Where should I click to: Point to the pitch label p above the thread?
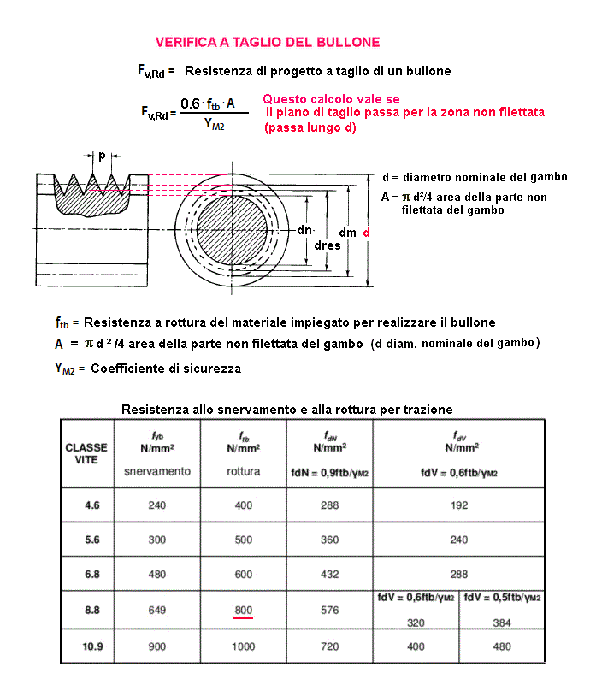tap(102, 156)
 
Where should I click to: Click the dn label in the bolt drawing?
tap(305, 231)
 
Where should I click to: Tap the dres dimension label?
tap(327, 245)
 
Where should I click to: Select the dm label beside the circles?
tap(348, 233)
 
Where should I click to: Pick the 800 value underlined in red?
tap(244, 610)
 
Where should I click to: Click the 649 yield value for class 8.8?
tap(157, 610)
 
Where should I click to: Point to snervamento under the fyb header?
tap(157, 471)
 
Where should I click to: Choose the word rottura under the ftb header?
tap(244, 471)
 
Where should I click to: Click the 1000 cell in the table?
tap(244, 646)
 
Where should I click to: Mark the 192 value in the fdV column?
tap(459, 505)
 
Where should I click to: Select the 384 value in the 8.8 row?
tap(502, 623)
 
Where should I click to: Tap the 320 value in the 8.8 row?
tap(416, 623)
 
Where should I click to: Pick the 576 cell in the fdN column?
tap(330, 610)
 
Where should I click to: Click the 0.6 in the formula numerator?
tap(190, 104)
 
